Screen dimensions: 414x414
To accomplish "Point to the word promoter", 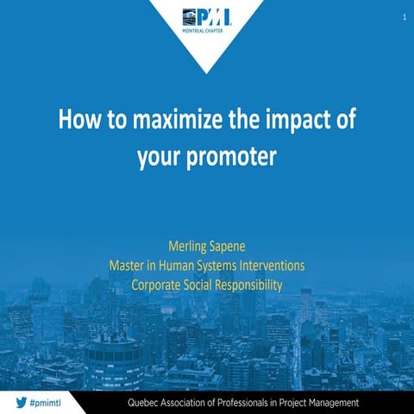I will pyautogui.click(x=241, y=159).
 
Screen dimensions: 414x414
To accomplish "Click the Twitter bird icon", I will pyautogui.click(x=20, y=402).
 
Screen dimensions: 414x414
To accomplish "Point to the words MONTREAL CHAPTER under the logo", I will pyautogui.click(x=207, y=28).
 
